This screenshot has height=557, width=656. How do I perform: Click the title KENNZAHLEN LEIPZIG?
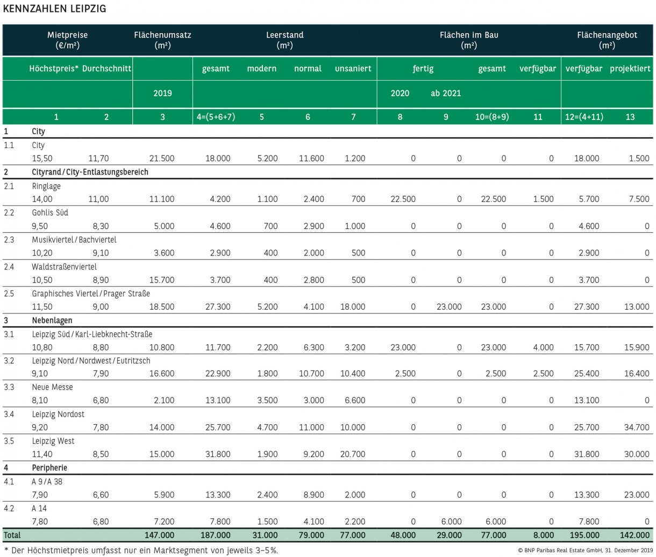(x=55, y=9)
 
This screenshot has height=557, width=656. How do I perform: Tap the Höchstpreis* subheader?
(x=54, y=69)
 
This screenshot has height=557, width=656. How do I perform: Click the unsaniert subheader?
(x=353, y=69)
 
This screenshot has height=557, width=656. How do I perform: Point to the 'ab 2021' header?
(x=446, y=94)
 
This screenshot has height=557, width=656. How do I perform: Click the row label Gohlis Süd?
(x=50, y=212)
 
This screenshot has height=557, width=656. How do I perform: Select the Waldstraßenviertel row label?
(x=64, y=267)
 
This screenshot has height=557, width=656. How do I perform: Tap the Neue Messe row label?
(x=52, y=387)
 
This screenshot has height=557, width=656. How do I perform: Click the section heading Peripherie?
(x=49, y=468)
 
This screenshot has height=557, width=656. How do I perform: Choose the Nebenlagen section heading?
(x=52, y=320)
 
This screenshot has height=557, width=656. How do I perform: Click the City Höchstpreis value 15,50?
(x=42, y=159)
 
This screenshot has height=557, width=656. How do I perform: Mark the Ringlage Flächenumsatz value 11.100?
(x=162, y=199)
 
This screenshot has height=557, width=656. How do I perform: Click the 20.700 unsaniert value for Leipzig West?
(x=353, y=454)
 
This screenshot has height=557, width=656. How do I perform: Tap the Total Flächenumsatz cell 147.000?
(x=160, y=535)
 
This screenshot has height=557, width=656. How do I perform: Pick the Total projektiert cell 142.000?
(x=634, y=535)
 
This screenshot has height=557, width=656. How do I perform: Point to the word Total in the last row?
(x=12, y=535)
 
